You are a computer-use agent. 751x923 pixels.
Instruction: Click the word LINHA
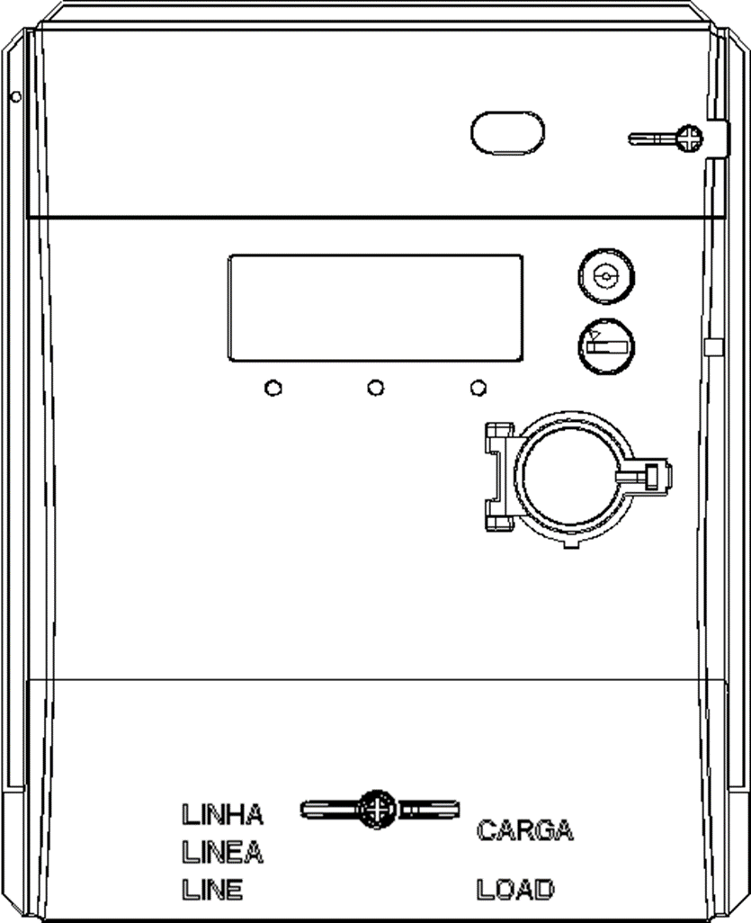(x=222, y=815)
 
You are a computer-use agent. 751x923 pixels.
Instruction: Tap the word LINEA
(x=222, y=852)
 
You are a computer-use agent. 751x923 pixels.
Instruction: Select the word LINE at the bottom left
(x=212, y=889)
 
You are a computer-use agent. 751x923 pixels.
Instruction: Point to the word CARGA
(x=524, y=830)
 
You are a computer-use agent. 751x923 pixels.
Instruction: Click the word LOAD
(x=515, y=889)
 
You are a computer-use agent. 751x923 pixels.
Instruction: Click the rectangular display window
(x=376, y=308)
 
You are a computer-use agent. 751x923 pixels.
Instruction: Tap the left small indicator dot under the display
(x=273, y=389)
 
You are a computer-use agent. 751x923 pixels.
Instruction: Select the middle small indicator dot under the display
(x=376, y=389)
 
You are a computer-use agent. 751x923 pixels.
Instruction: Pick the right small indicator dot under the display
(x=478, y=389)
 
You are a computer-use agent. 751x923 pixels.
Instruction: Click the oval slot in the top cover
(x=507, y=133)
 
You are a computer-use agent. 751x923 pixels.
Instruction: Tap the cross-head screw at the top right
(x=689, y=139)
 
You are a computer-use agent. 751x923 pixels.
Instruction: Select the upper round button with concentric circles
(x=605, y=276)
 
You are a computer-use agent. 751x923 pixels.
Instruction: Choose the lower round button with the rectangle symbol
(x=605, y=346)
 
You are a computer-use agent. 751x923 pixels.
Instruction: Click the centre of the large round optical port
(x=568, y=477)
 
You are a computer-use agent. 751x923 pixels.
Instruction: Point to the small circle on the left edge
(x=16, y=96)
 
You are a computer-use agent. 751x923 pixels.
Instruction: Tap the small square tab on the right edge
(x=713, y=347)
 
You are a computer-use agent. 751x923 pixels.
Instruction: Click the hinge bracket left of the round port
(x=498, y=476)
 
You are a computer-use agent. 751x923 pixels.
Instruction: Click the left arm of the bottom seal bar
(x=329, y=810)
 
